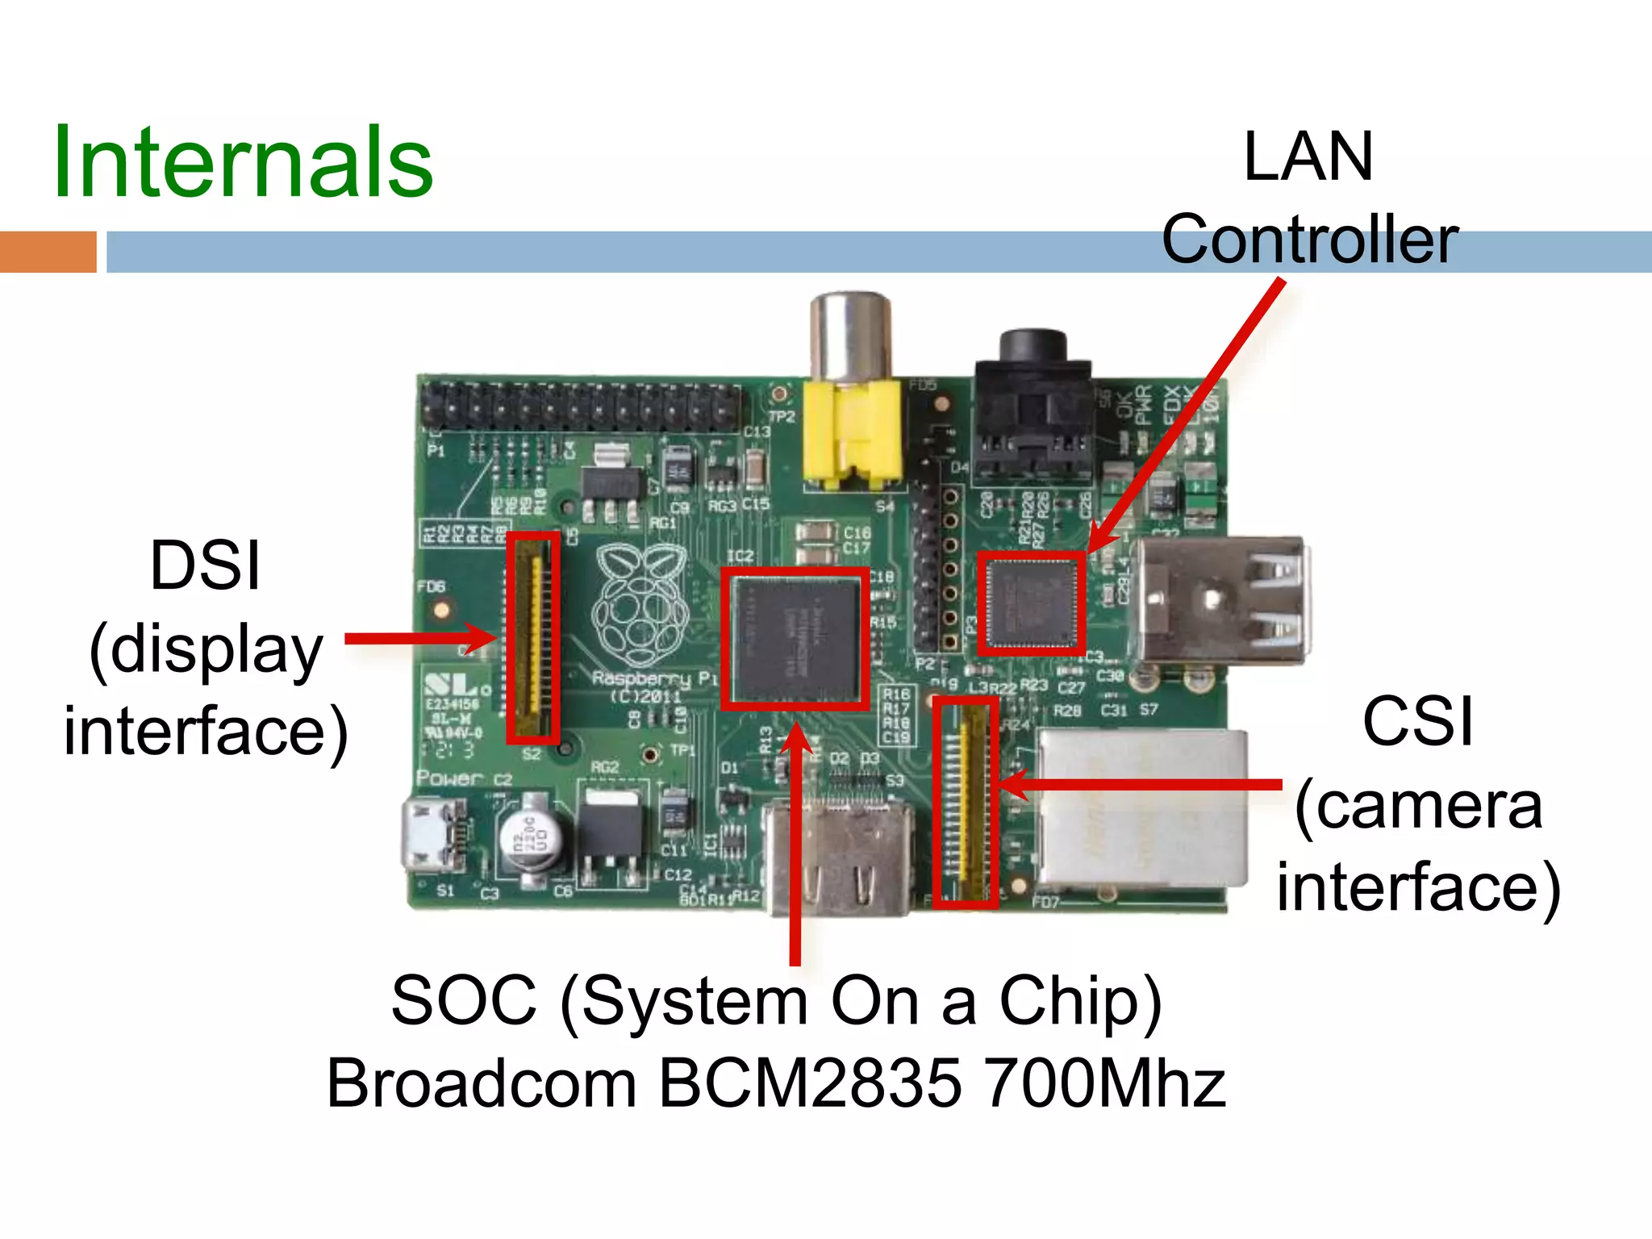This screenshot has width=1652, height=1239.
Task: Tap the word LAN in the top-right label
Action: point(1308,157)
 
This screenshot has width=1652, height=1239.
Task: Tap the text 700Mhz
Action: point(1105,1083)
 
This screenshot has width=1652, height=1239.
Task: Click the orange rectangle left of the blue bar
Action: point(48,252)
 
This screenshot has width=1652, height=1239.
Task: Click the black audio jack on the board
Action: point(1032,403)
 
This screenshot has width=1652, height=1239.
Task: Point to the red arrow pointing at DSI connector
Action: point(419,639)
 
